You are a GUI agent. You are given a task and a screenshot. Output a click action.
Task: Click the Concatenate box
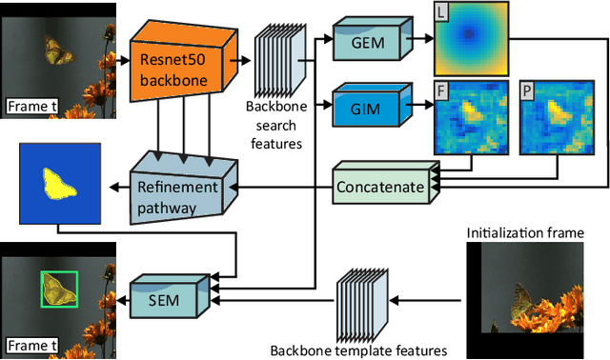pos(379,188)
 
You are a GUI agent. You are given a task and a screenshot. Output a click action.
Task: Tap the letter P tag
pos(527,90)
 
